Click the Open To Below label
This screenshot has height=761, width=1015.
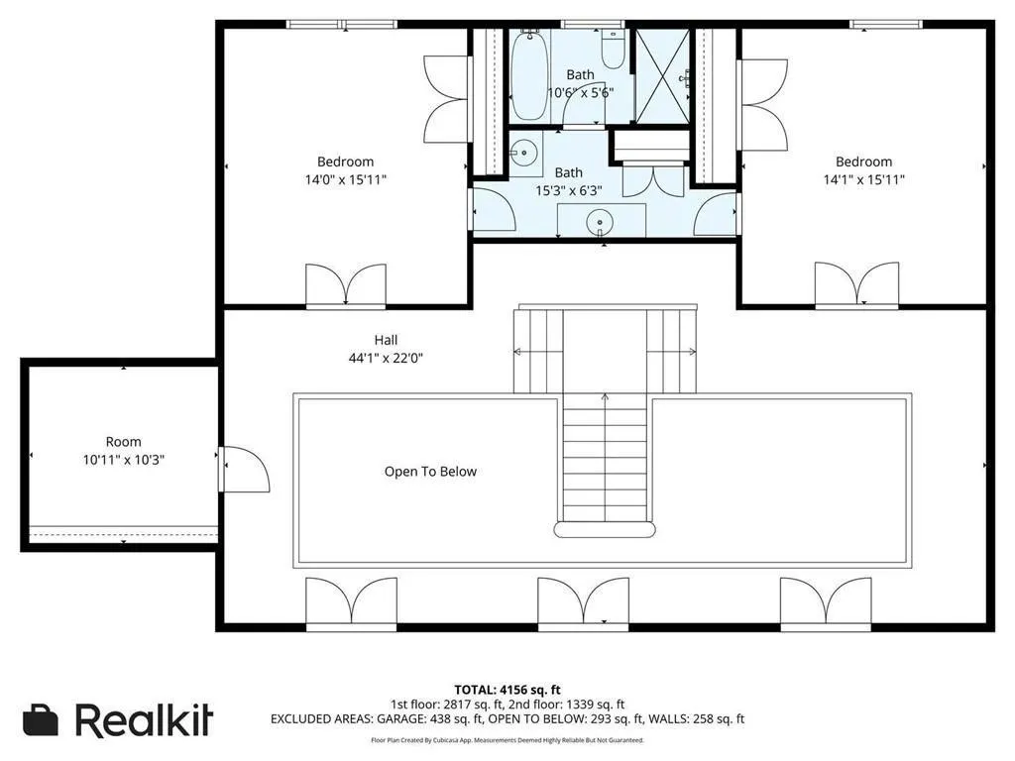pos(430,471)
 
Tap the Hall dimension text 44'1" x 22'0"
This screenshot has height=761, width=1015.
pos(386,357)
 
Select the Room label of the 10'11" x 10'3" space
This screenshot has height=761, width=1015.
pos(123,441)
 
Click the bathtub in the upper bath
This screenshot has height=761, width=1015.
pos(529,74)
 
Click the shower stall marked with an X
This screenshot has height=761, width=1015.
pos(661,75)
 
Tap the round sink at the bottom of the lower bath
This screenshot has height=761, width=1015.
pos(600,223)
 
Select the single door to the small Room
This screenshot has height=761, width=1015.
pos(244,469)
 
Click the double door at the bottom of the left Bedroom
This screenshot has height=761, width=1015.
pos(346,284)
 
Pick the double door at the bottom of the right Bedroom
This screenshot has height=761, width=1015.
pos(856,284)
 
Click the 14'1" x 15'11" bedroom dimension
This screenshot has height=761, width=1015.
pos(863,179)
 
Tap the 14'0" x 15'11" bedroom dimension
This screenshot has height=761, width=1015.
pos(346,179)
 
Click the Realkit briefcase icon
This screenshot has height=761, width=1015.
pos(40,720)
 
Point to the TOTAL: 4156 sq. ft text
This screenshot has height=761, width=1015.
pos(507,690)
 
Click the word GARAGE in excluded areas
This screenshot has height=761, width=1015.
pos(402,719)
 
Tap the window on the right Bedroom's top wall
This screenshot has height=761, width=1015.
pos(886,25)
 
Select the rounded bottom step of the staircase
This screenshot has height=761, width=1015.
pos(605,530)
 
